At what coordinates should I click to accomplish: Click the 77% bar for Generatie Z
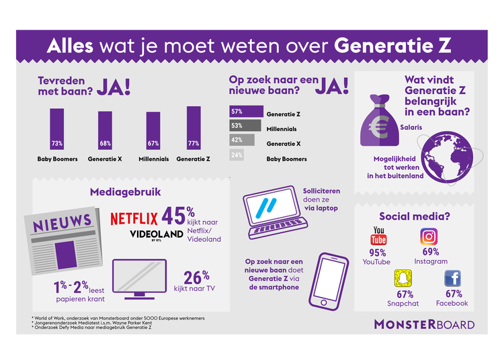coord(194,128)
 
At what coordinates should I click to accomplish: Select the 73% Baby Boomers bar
coord(57,129)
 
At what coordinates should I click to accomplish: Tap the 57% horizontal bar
coord(246,111)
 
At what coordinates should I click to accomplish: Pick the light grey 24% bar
coord(237,154)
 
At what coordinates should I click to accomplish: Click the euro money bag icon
coord(380,120)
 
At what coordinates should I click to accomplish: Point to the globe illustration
coord(447,157)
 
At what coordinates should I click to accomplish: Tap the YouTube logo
coord(378,236)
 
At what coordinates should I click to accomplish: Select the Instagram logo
coord(429,236)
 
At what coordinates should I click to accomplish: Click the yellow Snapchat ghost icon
coord(403,279)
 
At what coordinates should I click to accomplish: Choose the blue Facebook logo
coord(452,278)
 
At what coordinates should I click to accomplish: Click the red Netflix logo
coord(134,219)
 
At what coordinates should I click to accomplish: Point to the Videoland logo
coord(157,235)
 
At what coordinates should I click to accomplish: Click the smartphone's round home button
coord(324,302)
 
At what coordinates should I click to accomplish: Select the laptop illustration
coord(275,212)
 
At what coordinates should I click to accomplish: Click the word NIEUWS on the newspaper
coord(62,222)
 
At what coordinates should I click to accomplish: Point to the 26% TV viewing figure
coord(196,277)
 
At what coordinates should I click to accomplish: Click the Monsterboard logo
coord(424,324)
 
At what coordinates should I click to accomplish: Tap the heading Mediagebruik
coord(126,192)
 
